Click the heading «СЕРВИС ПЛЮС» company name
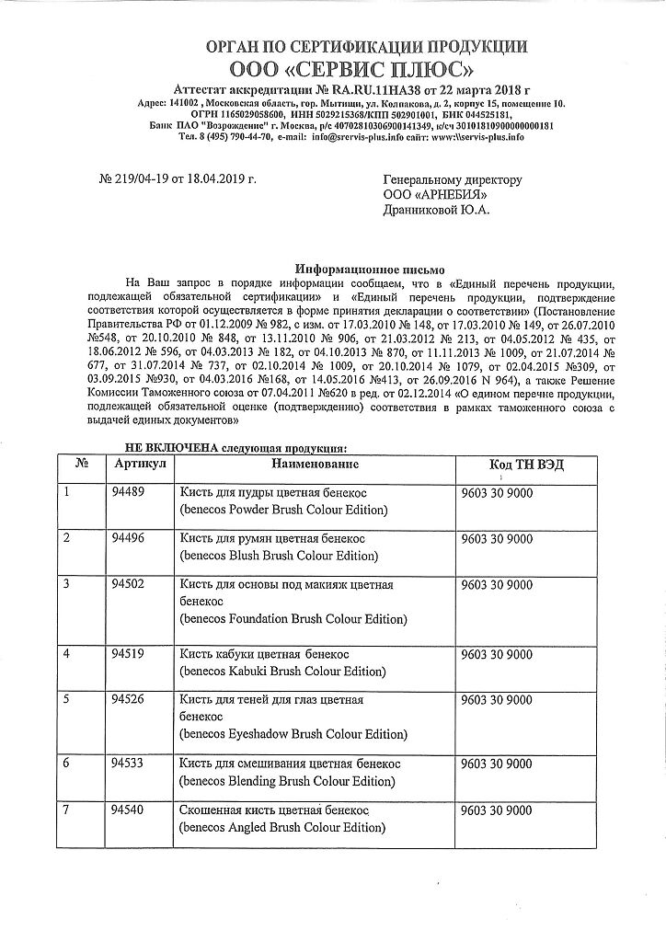coord(366,69)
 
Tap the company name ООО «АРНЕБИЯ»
coord(435,194)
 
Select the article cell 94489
coord(126,491)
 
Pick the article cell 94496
coord(126,538)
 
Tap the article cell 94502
coord(126,584)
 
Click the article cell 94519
coord(126,654)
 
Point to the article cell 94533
coord(126,763)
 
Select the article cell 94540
coord(126,810)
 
